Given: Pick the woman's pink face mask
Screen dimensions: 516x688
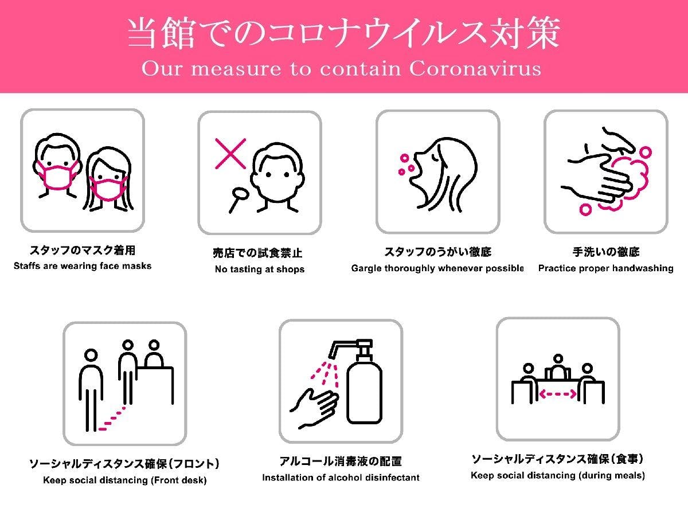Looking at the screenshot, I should point(107,187).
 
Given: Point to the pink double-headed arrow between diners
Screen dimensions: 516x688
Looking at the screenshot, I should point(558,394).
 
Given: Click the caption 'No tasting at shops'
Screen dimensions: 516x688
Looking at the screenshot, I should point(259,269).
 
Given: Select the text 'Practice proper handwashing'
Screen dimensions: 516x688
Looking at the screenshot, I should point(605,268).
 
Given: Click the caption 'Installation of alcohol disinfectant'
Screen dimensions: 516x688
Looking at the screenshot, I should point(341,477).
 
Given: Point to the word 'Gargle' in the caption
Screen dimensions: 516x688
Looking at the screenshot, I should point(367,268).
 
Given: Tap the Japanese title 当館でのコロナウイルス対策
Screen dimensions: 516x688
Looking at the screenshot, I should point(343,34).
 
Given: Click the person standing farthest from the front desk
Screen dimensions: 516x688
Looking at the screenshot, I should point(91,390).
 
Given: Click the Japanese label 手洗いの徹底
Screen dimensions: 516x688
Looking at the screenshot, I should point(605,251).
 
